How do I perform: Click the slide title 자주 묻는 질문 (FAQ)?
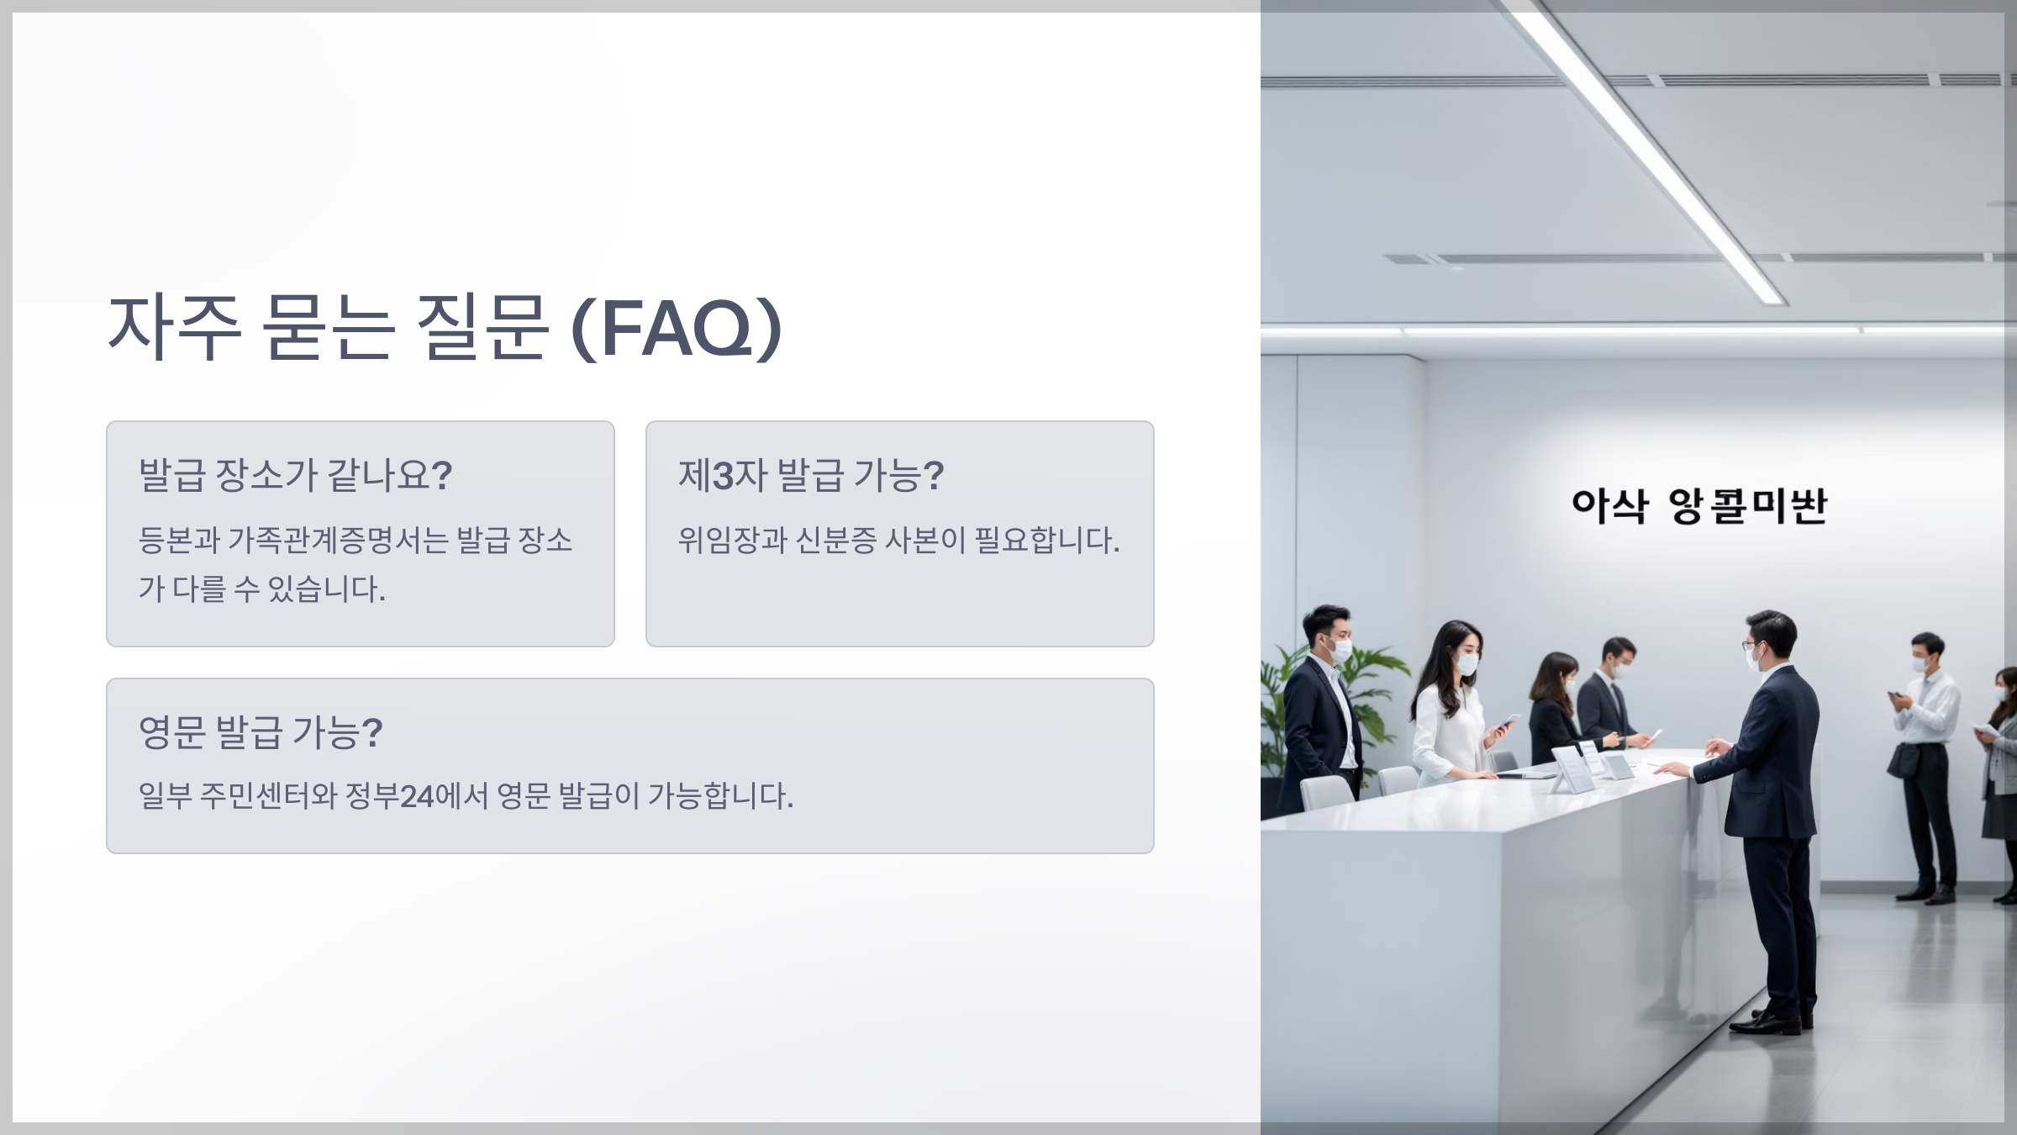[x=445, y=328]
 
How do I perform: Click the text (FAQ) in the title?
[x=677, y=330]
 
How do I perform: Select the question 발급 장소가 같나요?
[x=295, y=475]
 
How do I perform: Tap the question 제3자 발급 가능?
[x=811, y=475]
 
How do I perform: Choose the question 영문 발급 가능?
[x=261, y=732]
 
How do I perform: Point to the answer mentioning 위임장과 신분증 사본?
[x=898, y=540]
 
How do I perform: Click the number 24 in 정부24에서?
[x=417, y=795]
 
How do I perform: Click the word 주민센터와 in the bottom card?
[x=268, y=795]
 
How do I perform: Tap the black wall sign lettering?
[x=1698, y=506]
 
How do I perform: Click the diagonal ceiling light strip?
[x=1647, y=151]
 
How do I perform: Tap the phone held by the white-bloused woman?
[x=1509, y=721]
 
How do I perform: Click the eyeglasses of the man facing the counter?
[x=1751, y=646]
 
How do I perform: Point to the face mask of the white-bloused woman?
[x=1467, y=663]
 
